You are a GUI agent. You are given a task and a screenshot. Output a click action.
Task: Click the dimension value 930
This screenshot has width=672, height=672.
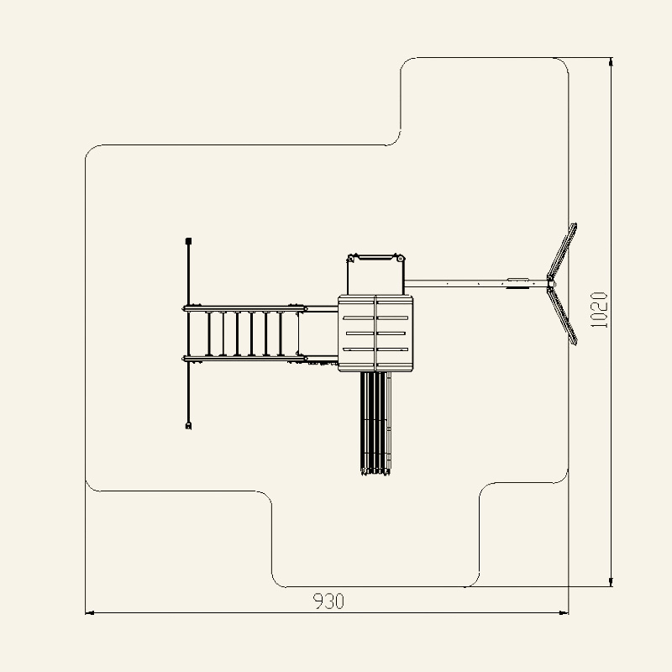point(328,601)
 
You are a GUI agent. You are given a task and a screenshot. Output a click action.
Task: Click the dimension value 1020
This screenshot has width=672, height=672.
point(599,310)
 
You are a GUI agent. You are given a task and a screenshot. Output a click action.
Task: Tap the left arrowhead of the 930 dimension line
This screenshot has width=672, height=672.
point(90,613)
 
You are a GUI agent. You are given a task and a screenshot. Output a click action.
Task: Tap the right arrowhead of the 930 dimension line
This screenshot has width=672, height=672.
point(564,613)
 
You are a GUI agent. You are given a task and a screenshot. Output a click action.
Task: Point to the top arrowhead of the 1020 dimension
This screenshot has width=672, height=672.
point(611,62)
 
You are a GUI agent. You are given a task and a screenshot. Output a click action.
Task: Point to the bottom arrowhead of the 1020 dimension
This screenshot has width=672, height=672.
point(611,581)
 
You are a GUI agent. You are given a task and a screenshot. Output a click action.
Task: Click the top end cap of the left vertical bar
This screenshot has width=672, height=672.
point(188,241)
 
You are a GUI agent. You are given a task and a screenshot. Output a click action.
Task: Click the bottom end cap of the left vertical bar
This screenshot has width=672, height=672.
point(188,426)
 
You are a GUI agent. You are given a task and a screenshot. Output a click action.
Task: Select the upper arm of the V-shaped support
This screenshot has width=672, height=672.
point(563,251)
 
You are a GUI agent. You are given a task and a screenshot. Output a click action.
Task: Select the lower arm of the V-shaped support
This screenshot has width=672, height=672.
point(563,316)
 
